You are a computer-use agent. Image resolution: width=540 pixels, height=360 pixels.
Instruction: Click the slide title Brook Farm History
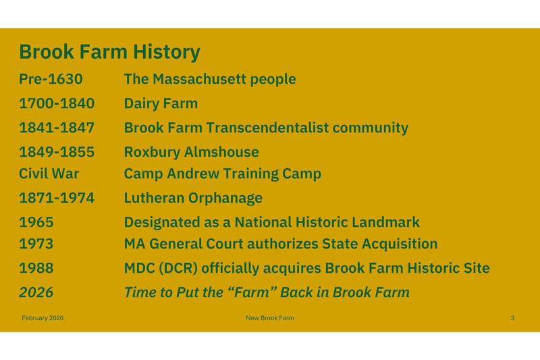pos(109,52)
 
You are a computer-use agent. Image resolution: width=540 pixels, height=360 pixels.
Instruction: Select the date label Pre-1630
pos(51,79)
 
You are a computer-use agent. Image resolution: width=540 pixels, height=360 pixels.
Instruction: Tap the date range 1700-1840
pos(57,103)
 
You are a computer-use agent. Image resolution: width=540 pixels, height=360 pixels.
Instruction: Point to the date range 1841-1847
pos(57,128)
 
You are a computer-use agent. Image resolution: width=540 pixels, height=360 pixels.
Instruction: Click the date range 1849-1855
pos(57,152)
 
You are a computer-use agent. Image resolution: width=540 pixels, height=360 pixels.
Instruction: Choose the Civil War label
pos(49,174)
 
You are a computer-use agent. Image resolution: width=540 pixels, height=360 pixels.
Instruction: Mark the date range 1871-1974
pos(57,198)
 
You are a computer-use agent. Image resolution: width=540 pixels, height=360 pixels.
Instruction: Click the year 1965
pos(36,222)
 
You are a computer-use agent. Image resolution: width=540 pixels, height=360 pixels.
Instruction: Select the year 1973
pos(36,244)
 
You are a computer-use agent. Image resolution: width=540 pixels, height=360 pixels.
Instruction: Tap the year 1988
pos(36,268)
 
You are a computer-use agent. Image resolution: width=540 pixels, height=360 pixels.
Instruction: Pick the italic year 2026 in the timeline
pos(36,292)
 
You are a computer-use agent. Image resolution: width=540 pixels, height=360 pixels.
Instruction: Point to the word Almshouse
pos(223,152)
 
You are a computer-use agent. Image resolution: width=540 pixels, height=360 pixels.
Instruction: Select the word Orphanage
pos(225,198)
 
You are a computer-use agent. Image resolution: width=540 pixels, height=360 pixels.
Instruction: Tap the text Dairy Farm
pos(161,103)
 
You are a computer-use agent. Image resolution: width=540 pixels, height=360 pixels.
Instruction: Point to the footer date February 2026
pos(43,317)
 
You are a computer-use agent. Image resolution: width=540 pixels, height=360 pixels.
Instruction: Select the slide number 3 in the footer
pos(512,317)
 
